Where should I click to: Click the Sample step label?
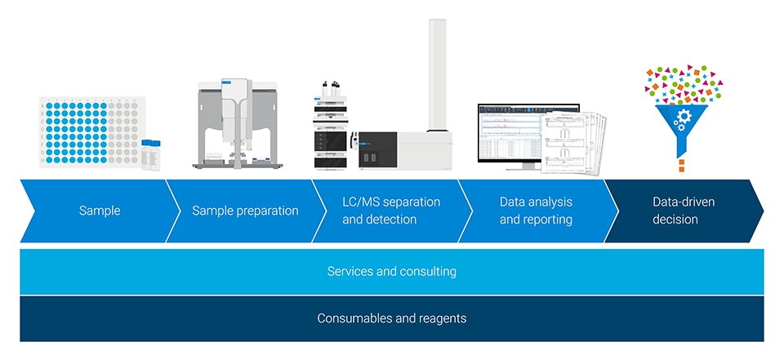100,211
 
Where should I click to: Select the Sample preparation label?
245,211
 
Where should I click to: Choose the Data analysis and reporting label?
536,211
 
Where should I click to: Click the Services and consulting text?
391,271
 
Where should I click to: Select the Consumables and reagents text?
391,318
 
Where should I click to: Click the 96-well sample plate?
90,131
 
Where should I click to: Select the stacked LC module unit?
331,131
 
